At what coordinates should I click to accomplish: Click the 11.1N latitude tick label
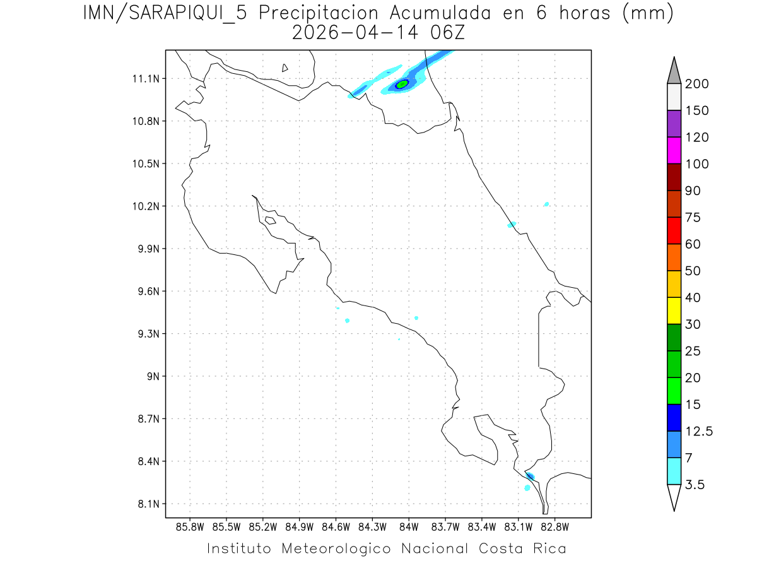144,79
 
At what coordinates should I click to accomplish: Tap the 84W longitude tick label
409,526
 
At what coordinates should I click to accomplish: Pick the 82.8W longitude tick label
555,526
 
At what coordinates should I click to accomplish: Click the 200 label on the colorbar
696,84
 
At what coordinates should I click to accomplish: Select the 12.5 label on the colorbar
698,431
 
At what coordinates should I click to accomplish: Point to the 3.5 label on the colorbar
695,485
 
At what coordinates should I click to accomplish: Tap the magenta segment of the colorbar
674,150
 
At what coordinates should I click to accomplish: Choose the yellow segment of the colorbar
674,310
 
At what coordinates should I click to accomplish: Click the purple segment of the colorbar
674,124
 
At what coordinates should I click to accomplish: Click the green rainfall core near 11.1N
402,84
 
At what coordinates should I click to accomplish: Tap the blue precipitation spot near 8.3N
531,476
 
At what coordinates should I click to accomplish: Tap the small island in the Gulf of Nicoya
270,220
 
